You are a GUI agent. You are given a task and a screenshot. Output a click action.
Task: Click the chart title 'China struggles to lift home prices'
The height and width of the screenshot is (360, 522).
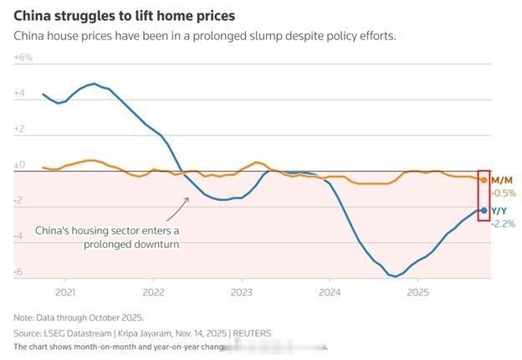124,16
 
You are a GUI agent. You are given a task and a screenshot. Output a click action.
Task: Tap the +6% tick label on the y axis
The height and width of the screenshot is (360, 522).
23,57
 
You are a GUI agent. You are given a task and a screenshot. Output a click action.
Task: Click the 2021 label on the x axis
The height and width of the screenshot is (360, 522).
65,292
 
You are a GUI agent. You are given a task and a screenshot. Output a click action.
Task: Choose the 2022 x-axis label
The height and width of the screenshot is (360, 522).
153,292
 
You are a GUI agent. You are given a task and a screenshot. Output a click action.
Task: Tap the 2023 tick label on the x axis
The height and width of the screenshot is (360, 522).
241,292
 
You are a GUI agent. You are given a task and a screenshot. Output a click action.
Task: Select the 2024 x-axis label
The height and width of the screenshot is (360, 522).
330,292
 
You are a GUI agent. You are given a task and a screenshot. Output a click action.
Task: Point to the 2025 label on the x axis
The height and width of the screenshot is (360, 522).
417,292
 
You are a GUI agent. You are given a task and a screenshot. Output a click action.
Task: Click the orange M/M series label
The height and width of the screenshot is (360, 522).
503,180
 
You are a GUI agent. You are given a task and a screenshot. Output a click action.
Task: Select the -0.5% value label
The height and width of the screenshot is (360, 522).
504,193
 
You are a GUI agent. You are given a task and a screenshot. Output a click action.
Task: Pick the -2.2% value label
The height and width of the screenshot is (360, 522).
504,224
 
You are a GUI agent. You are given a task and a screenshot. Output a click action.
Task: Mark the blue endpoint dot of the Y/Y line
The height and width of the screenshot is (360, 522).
484,210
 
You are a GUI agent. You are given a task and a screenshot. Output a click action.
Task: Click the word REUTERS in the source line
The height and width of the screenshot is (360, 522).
252,332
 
